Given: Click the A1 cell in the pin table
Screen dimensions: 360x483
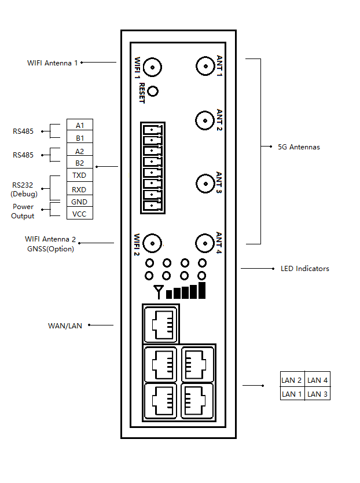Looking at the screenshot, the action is pyautogui.click(x=80, y=125).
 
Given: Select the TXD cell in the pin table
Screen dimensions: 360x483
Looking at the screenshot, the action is pyautogui.click(x=80, y=175).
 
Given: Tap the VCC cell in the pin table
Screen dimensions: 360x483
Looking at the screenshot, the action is pyautogui.click(x=80, y=214).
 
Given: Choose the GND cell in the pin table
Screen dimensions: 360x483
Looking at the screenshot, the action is pyautogui.click(x=80, y=201).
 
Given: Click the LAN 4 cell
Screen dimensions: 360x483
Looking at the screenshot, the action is pyautogui.click(x=318, y=379).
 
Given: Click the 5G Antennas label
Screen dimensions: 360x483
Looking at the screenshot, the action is pyautogui.click(x=299, y=147).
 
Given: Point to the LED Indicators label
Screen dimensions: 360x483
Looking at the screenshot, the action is pyautogui.click(x=305, y=269).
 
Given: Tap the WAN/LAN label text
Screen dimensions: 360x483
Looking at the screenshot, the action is pyautogui.click(x=65, y=326).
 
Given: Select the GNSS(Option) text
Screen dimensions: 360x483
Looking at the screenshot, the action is pyautogui.click(x=50, y=249).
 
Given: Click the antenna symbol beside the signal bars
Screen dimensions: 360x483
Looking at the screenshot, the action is pyautogui.click(x=159, y=292).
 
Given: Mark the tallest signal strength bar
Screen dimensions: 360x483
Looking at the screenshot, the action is pyautogui.click(x=202, y=291).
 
